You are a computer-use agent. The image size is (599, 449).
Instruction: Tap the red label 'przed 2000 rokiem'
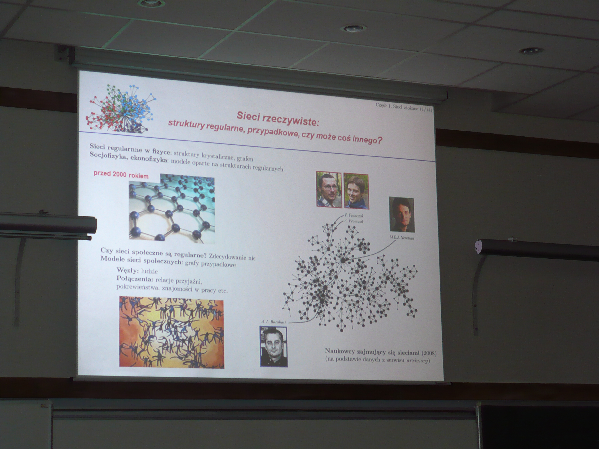click(121, 174)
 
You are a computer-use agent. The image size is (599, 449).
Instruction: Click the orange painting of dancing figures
click(172, 332)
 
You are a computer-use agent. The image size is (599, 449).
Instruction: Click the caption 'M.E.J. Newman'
click(402, 238)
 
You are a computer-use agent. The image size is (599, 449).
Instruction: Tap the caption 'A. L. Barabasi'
click(273, 322)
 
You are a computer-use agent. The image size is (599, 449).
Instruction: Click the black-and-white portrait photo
click(274, 346)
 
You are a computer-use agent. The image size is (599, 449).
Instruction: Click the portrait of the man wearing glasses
click(329, 189)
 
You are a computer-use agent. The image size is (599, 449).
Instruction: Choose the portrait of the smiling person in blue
click(356, 191)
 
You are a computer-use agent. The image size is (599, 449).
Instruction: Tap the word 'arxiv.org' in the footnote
click(418, 360)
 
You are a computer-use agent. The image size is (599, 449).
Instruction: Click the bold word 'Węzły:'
click(128, 270)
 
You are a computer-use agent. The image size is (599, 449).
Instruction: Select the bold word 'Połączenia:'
click(135, 278)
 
